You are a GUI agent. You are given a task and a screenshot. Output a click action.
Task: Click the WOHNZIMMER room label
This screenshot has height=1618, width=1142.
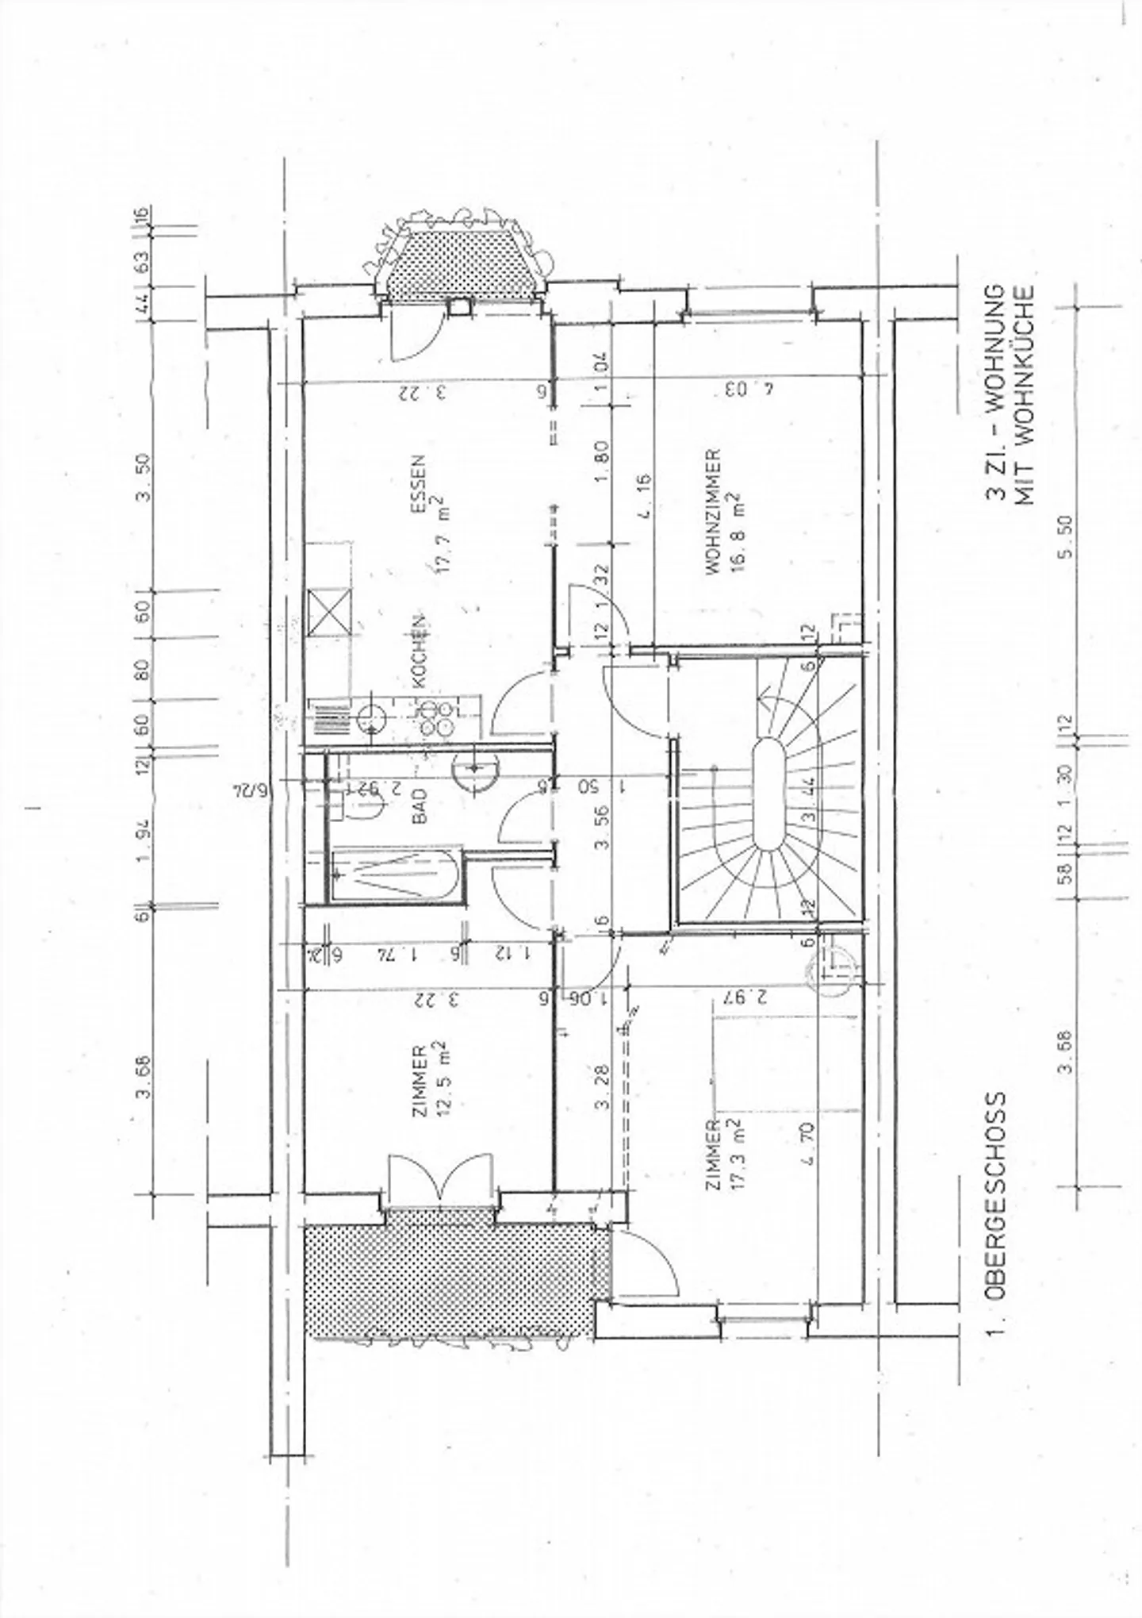pos(712,512)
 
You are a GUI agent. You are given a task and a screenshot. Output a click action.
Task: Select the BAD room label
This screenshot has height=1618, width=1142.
pos(420,805)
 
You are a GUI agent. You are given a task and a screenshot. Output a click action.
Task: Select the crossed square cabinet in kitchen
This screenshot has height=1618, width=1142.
pos(329,612)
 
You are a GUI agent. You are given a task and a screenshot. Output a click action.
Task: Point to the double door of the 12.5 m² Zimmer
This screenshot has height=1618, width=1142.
pos(438,1179)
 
